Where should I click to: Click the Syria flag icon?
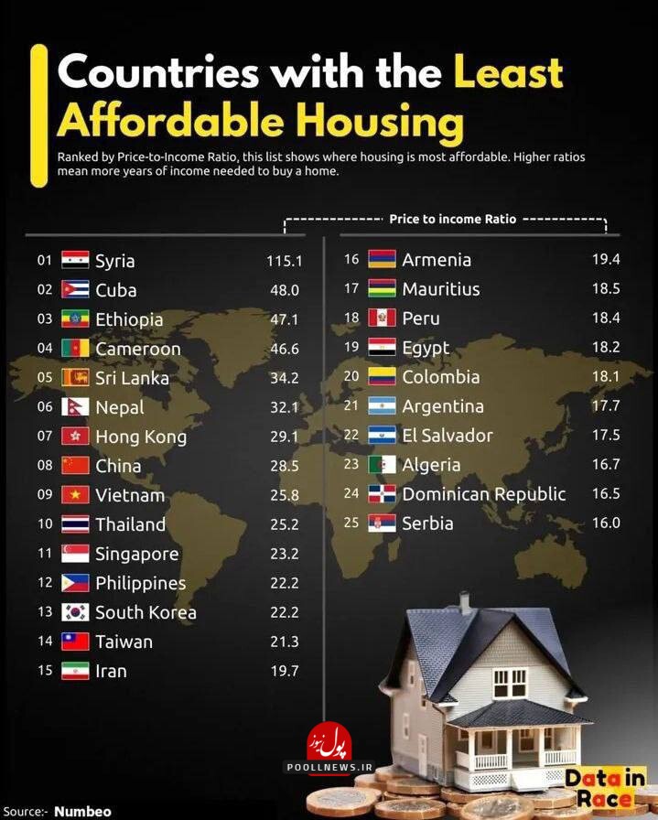[75, 261]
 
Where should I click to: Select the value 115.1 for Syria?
[284, 261]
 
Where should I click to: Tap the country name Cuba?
[115, 290]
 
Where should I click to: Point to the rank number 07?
[45, 437]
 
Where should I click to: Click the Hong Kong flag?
[75, 437]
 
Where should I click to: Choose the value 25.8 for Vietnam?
[283, 495]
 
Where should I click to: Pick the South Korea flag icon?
[75, 612]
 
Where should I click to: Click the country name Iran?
[111, 671]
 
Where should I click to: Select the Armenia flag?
[382, 260]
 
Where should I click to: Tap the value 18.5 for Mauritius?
[606, 289]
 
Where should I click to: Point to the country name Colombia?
[440, 377]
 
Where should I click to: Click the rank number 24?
[351, 494]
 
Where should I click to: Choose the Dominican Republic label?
[484, 494]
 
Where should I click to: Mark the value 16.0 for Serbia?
[606, 523]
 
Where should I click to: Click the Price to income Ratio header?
[452, 220]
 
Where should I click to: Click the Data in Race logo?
[604, 788]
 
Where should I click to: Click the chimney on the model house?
[465, 602]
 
